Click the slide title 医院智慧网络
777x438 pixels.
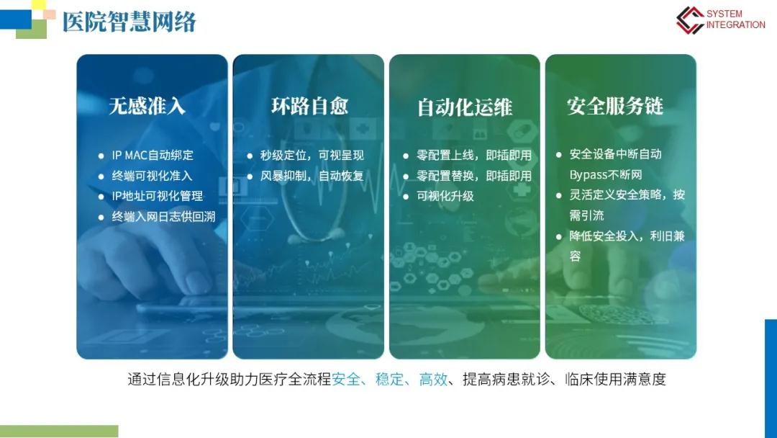click(129, 22)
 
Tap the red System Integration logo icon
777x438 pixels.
click(690, 20)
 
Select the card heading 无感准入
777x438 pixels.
click(147, 106)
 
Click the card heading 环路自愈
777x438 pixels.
click(309, 106)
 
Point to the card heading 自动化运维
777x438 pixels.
click(465, 107)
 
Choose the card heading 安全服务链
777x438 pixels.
click(615, 106)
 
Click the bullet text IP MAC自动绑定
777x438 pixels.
click(153, 156)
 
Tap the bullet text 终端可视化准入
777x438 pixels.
click(152, 176)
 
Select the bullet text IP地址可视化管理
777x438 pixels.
click(158, 196)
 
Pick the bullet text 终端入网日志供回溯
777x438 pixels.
click(163, 217)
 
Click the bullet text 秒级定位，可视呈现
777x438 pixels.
click(312, 156)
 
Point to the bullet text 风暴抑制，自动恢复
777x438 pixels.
click(312, 176)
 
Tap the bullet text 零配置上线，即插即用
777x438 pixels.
click(474, 156)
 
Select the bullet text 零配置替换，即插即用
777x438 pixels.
click(474, 176)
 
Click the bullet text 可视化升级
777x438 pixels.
click(445, 196)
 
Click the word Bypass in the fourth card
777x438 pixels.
click(589, 175)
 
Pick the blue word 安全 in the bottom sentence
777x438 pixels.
click(346, 380)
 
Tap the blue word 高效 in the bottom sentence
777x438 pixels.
click(433, 380)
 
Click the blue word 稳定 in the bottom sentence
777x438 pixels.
click(389, 380)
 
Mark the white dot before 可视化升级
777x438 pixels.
click(406, 197)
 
